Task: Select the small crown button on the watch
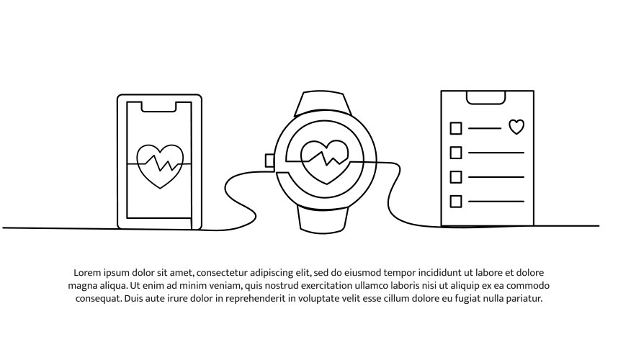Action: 270,161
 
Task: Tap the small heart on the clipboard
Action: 516,127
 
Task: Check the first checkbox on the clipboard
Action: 456,128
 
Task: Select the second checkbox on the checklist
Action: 456,153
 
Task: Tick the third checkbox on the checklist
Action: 456,177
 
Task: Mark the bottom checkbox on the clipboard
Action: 456,202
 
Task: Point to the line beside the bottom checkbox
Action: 496,202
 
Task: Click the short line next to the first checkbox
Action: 485,128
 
